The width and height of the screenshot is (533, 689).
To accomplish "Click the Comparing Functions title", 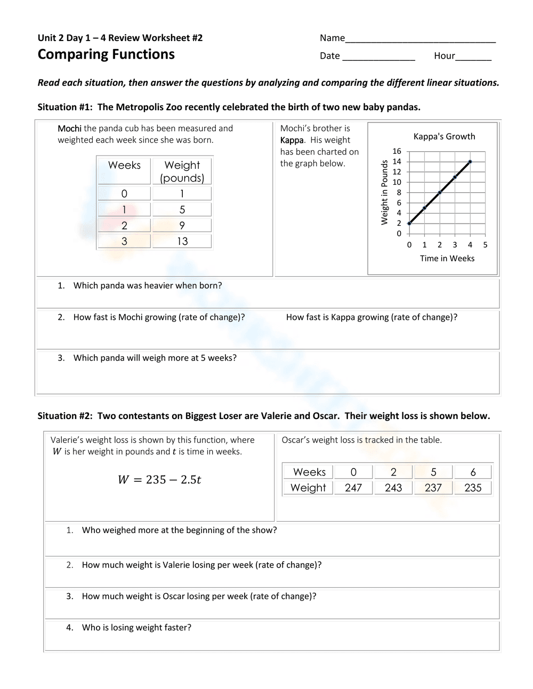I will pyautogui.click(x=106, y=54).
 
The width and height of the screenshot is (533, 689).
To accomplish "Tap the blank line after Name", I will pyautogui.click(x=420, y=39).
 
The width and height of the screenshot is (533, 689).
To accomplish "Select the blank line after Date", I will pyautogui.click(x=378, y=56).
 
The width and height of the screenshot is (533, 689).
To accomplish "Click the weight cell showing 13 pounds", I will pyautogui.click(x=182, y=241).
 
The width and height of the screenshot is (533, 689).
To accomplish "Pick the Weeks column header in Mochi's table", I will pyautogui.click(x=124, y=165).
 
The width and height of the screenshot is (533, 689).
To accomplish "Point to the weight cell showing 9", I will pyautogui.click(x=182, y=225).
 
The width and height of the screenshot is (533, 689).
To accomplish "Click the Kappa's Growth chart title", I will pyautogui.click(x=444, y=136).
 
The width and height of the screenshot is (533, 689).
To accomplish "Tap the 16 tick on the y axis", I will pyautogui.click(x=397, y=151).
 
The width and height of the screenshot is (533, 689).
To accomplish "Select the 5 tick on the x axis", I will pyautogui.click(x=485, y=245).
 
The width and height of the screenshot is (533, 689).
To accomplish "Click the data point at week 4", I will pyautogui.click(x=470, y=161).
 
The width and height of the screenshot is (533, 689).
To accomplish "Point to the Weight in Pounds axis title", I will pyautogui.click(x=384, y=192).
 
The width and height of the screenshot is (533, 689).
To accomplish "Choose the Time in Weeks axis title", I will pyautogui.click(x=447, y=258).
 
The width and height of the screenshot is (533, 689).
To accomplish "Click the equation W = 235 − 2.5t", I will pyautogui.click(x=159, y=480).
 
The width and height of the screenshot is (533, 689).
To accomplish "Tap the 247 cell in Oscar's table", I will pyautogui.click(x=353, y=488).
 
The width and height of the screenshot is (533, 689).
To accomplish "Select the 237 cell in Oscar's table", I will pyautogui.click(x=433, y=488).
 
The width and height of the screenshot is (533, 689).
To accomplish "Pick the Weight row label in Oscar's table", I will pyautogui.click(x=308, y=488).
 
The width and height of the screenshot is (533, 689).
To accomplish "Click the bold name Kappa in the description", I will pyautogui.click(x=292, y=140).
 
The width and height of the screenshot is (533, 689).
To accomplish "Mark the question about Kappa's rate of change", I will pyautogui.click(x=372, y=317).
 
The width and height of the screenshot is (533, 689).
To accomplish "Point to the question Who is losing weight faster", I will pyautogui.click(x=136, y=628).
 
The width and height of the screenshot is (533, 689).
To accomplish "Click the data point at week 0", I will pyautogui.click(x=409, y=223).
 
